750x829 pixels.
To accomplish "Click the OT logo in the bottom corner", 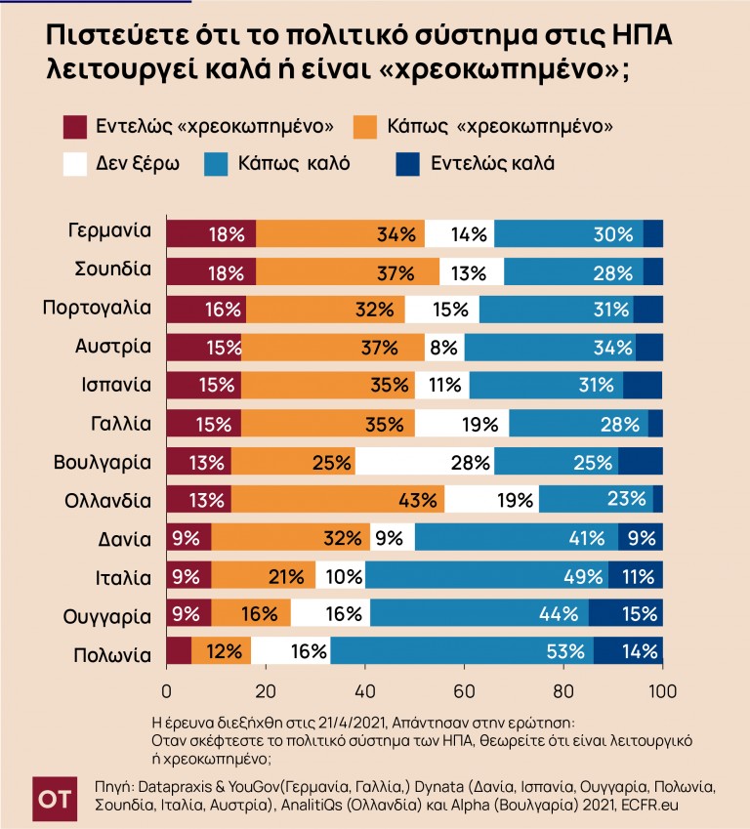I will click(x=53, y=797).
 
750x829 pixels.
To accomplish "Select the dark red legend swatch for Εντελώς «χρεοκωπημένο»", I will click(x=75, y=126).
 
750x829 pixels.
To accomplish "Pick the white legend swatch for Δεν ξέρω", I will click(x=75, y=163).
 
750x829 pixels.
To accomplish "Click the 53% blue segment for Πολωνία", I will click(x=459, y=650).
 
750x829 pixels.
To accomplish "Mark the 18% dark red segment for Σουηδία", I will click(x=210, y=271).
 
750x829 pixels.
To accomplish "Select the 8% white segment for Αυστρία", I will click(x=445, y=348).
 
